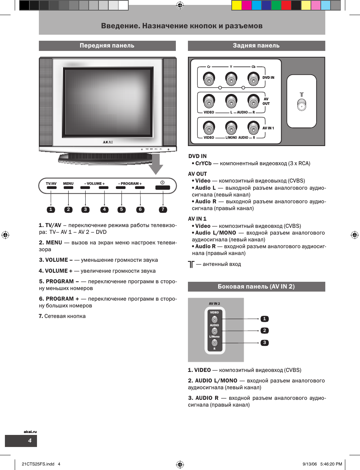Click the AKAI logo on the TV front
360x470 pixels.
(108, 142)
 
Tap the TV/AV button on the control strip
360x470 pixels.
(51, 187)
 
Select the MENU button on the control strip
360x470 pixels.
(68, 187)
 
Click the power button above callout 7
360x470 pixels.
(163, 187)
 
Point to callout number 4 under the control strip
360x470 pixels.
(105, 210)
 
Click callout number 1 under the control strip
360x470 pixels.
(51, 210)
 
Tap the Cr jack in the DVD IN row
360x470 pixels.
(209, 79)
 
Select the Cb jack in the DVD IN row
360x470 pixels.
(253, 79)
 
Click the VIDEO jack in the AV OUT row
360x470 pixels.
(209, 101)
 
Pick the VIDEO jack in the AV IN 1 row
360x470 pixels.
(209, 127)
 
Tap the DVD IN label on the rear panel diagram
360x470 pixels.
(268, 78)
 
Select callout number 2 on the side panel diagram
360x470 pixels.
(265, 330)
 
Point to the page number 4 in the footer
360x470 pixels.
(30, 441)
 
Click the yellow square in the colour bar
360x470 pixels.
(237, 5)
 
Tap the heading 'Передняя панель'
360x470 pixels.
(107, 46)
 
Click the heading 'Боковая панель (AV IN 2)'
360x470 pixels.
(256, 287)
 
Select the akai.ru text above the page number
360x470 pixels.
(30, 432)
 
